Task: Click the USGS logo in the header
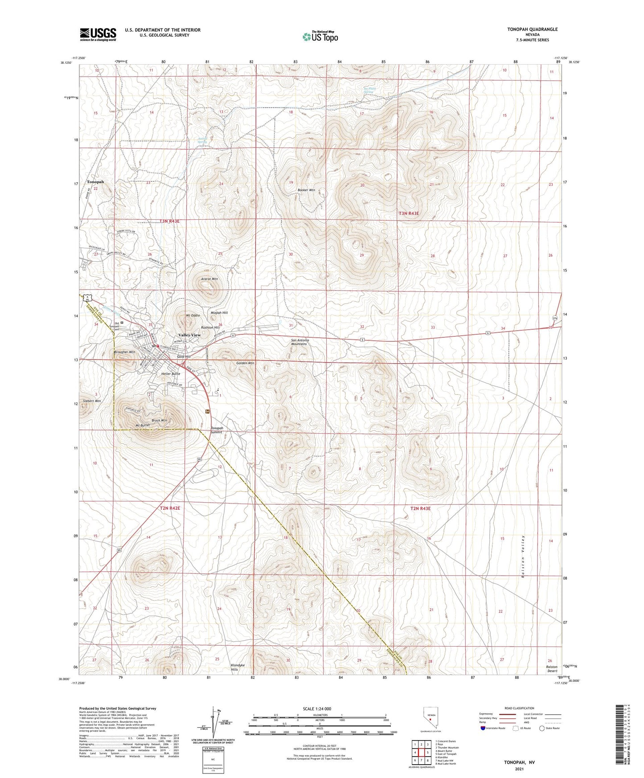(x=98, y=34)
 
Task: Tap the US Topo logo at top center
(x=320, y=37)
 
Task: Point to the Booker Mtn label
(x=306, y=190)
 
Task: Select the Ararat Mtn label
(x=209, y=279)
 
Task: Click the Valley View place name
(x=189, y=335)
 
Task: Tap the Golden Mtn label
(x=245, y=363)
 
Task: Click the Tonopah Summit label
(x=217, y=430)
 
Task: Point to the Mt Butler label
(x=143, y=425)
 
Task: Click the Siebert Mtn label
(x=92, y=401)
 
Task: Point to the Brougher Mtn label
(x=124, y=352)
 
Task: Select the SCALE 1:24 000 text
(x=316, y=709)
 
